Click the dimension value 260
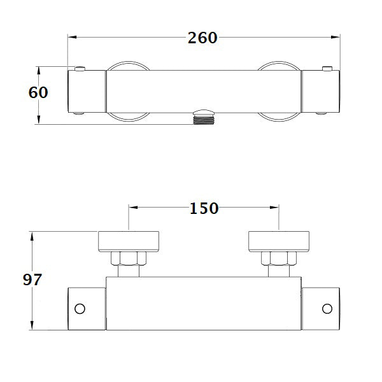coord(202,38)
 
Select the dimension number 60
coord(39,92)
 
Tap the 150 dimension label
coord(203,208)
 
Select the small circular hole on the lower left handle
coord(80,309)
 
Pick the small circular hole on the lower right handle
coord(327,309)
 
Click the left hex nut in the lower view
coord(129,258)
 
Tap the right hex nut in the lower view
coord(279,258)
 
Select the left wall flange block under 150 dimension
coord(129,241)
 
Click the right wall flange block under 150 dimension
coord(279,241)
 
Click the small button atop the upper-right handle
coord(327,68)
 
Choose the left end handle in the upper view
coord(86,92)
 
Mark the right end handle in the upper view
coord(321,92)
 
